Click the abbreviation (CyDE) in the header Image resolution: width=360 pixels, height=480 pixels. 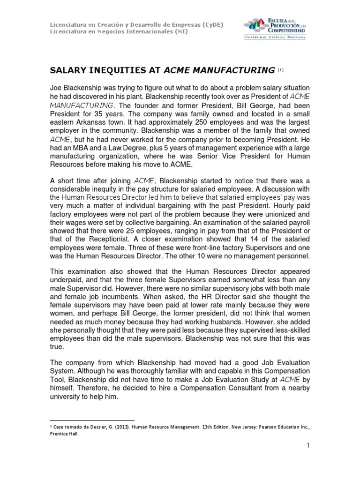pyautogui.click(x=213, y=24)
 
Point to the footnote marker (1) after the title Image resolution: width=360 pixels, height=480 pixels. pyautogui.click(x=281, y=70)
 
